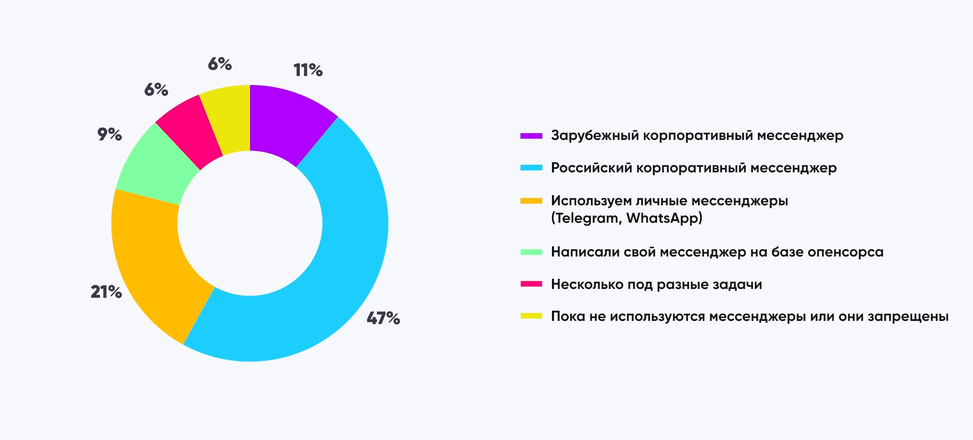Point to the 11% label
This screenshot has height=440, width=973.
point(308,70)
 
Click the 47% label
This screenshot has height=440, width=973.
point(384,318)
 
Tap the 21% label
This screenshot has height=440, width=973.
point(107,291)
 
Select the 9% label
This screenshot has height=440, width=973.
point(110,134)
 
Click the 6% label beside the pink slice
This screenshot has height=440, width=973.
point(156,90)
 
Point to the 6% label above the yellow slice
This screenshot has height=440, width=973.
point(220,64)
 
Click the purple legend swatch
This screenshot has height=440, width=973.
point(531,136)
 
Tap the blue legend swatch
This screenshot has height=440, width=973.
point(531,168)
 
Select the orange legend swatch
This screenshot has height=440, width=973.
point(531,201)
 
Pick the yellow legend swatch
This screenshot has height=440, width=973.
point(531,316)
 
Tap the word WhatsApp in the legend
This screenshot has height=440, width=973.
point(664,218)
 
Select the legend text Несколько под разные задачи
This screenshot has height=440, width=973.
point(656,284)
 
